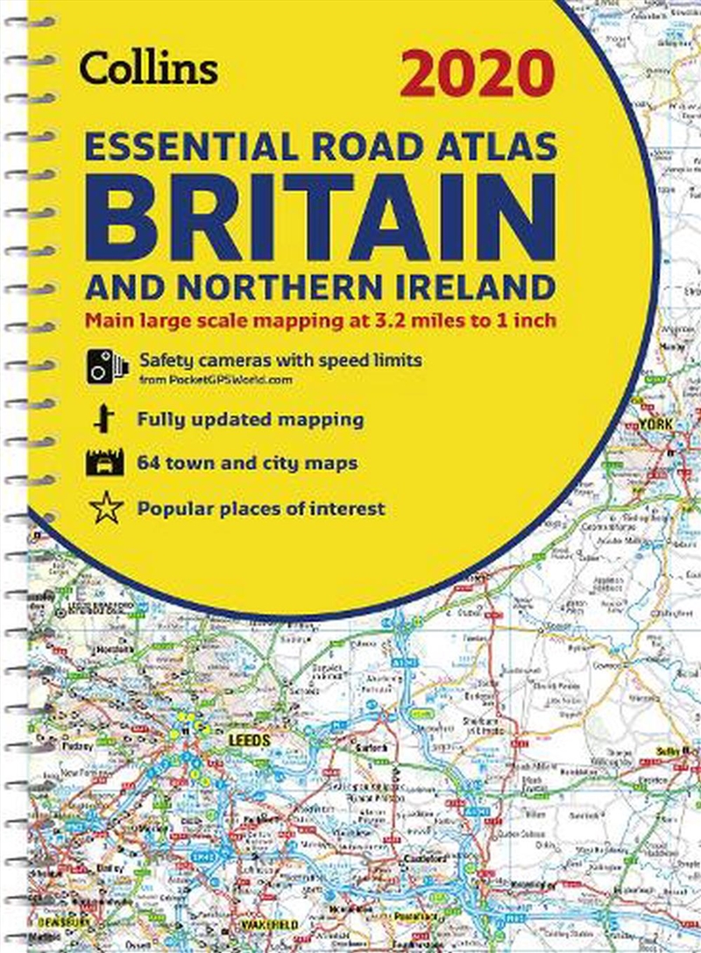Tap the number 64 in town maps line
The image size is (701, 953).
149,464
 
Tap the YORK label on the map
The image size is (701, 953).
655,423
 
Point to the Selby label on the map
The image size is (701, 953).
670,752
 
